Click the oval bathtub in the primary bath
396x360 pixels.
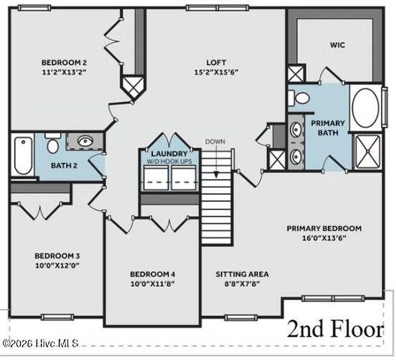(366, 106)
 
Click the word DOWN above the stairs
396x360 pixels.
(215, 141)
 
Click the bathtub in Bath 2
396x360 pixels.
(22, 154)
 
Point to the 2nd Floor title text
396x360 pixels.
(334, 329)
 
